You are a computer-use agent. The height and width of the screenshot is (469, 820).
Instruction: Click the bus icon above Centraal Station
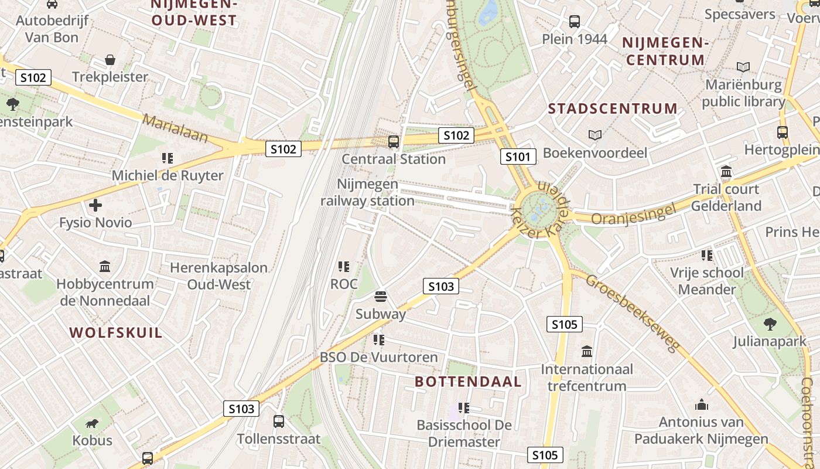coord(394,141)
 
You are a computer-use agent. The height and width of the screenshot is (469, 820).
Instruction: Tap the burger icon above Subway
coord(381,296)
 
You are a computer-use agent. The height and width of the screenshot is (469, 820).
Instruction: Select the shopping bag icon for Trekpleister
coord(110,59)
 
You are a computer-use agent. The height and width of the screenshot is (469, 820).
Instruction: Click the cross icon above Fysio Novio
coord(95,205)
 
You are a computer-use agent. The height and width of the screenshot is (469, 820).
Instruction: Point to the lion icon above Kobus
coord(91,423)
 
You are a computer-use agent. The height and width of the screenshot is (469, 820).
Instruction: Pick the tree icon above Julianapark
coord(770,324)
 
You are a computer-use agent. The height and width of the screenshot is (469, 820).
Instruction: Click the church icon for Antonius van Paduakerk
coord(701,405)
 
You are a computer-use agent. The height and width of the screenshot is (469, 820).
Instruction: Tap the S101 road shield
coord(518,157)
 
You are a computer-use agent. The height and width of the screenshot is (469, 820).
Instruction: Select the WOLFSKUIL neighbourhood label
coord(116,333)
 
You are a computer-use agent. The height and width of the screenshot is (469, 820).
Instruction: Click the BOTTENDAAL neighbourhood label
coord(468,382)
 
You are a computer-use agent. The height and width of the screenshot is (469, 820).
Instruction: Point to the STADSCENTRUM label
coord(613,108)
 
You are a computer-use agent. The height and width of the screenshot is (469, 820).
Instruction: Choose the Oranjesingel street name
coord(634,214)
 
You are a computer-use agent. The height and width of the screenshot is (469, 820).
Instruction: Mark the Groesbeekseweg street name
coord(634,313)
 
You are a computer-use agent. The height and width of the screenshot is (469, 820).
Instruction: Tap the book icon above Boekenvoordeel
coord(595,135)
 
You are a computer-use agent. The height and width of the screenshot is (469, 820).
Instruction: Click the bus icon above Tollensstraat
coord(279,421)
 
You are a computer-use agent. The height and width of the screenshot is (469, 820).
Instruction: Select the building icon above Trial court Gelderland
coord(726,172)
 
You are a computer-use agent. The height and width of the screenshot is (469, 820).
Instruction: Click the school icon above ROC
coord(344,267)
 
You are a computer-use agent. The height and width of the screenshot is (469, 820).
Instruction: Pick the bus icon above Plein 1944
coord(575,22)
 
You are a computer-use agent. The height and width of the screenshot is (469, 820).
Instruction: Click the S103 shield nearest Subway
coord(441,286)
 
